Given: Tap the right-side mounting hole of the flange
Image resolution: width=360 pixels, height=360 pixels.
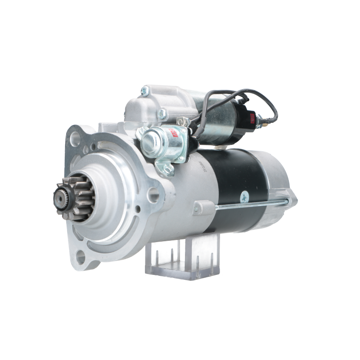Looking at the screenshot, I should click(155, 194).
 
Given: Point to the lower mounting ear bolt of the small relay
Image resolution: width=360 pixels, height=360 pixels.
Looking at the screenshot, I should click(168, 169).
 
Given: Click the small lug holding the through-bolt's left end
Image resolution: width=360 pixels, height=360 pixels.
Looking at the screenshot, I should click(198, 207).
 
